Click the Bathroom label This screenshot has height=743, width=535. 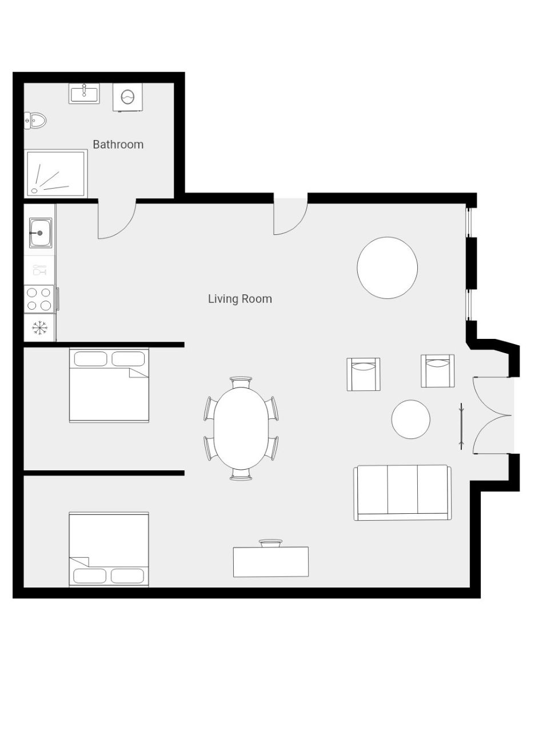pos(118,145)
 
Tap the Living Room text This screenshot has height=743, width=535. pos(240,299)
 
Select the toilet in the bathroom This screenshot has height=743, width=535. pos(35,121)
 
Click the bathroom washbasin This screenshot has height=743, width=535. pos(84,93)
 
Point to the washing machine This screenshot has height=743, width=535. pos(127,97)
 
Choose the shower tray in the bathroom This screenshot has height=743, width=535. pos(56,174)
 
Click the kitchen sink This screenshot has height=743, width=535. pos(41,233)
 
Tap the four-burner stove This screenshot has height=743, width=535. pos(39,298)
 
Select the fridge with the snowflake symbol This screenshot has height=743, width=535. pos(39,327)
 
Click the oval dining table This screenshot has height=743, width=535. pos(241,428)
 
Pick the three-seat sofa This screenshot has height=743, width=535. pos(402,493)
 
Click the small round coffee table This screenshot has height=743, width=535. pos(410,420)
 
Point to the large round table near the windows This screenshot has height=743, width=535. pos(387,267)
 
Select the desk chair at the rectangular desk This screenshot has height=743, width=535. pos(271,544)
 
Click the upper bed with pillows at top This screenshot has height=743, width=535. pos(109,385)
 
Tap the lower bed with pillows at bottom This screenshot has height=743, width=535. pos(109,549)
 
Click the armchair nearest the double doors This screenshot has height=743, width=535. pos(437,371)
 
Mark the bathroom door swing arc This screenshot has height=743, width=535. pos(126,229)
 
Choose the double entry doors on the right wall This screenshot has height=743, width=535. pos(492,416)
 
